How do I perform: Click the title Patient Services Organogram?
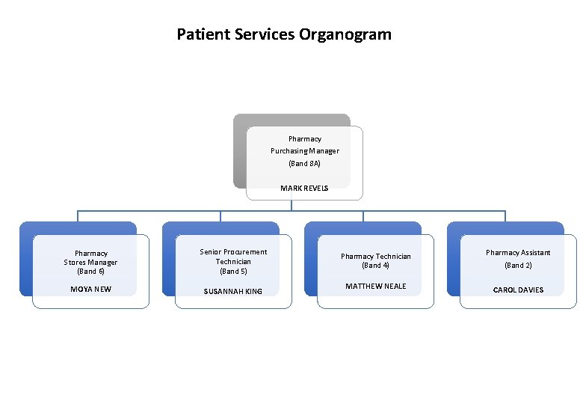(283, 34)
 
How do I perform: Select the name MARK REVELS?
(304, 189)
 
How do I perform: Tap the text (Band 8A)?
(304, 163)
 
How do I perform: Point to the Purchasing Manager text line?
(304, 151)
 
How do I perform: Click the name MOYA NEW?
(90, 290)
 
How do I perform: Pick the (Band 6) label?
(90, 271)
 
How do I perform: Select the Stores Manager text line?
(90, 263)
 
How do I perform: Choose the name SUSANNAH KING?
(233, 291)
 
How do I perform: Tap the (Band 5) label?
(233, 271)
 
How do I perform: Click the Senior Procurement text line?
(233, 252)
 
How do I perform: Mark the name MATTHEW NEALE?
(375, 287)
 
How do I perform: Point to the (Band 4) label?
(375, 266)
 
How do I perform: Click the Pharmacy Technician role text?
(375, 257)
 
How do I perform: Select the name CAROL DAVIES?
(518, 290)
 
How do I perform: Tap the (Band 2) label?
(518, 266)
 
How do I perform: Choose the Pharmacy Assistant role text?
(518, 253)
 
